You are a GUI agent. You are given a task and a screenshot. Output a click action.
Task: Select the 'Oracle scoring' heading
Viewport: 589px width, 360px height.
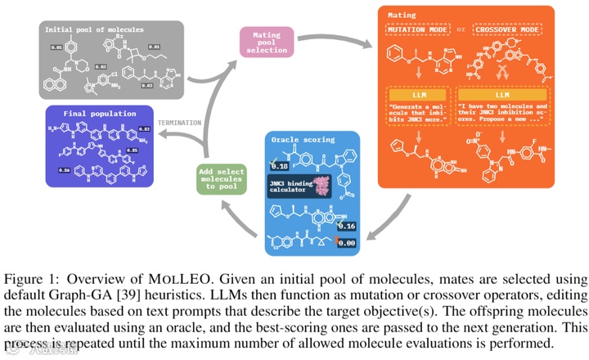(299, 139)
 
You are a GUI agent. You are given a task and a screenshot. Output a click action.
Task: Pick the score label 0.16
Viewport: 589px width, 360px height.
(348, 226)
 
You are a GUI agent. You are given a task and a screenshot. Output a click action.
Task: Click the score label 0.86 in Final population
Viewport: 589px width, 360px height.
(64, 169)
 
